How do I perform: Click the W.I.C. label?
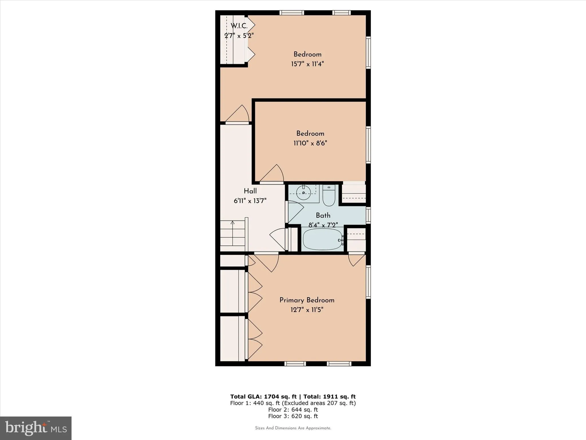(x=239, y=26)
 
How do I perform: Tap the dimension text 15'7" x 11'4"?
(x=307, y=64)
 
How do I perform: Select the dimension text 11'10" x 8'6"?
(x=310, y=143)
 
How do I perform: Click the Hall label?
(x=250, y=191)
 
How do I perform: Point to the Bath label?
(x=323, y=215)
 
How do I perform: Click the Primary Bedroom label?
(x=307, y=300)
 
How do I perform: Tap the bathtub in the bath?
(x=322, y=239)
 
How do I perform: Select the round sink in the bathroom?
(x=303, y=193)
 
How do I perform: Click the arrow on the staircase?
(x=233, y=223)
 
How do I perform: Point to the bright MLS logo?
(x=36, y=428)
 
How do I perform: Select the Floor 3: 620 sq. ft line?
(x=293, y=416)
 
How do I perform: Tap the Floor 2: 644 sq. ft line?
(x=293, y=410)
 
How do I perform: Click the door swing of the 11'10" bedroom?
(x=273, y=174)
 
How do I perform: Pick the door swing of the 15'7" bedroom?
(x=239, y=115)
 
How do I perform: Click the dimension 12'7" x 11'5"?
(x=307, y=310)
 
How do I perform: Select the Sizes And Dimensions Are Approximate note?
(x=293, y=428)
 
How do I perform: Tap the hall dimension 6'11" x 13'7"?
(x=250, y=201)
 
